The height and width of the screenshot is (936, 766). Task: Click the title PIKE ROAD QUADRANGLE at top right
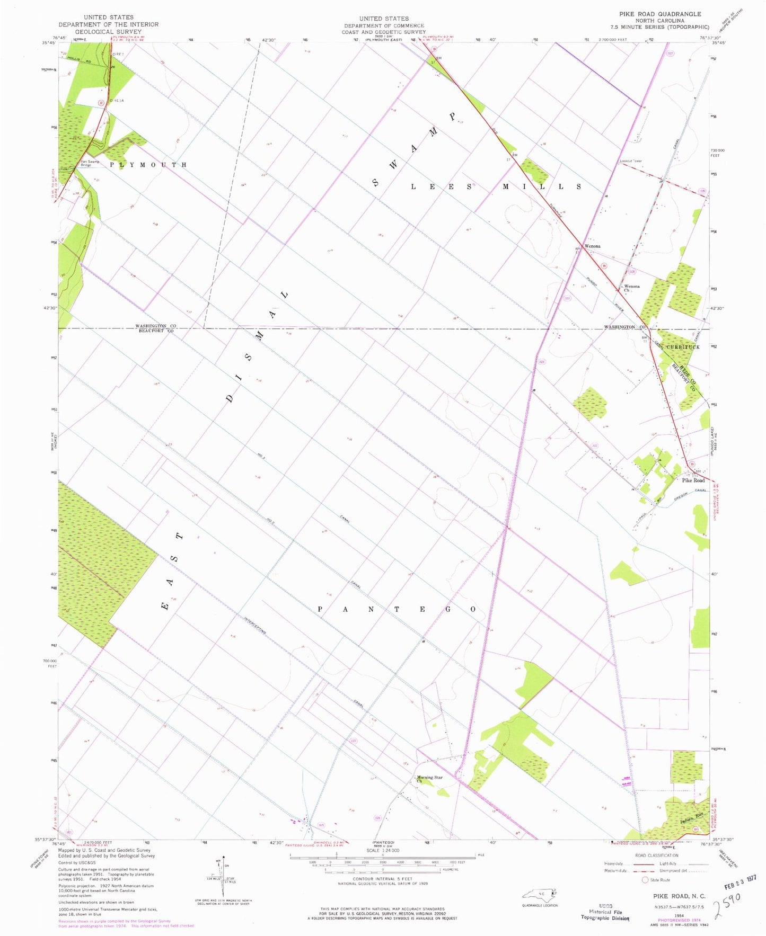click(659, 14)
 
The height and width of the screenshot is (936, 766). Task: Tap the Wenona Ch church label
click(631, 288)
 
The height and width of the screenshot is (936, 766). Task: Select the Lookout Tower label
click(631, 161)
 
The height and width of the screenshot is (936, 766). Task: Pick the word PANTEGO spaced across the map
click(397, 610)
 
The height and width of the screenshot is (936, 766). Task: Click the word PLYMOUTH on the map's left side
click(148, 165)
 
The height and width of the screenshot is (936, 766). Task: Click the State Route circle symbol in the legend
click(645, 880)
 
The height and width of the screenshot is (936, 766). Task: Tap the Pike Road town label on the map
click(693, 480)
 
